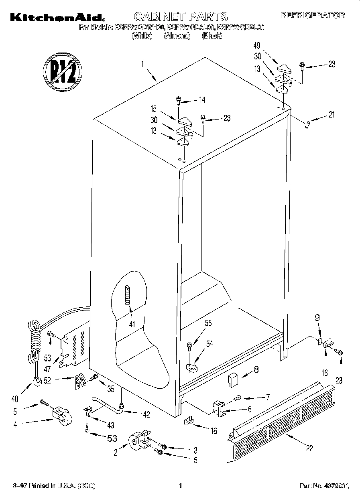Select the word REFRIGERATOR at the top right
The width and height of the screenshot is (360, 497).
[x=312, y=16]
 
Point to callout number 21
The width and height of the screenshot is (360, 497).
[x=331, y=115]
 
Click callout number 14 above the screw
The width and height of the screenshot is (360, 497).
[x=201, y=100]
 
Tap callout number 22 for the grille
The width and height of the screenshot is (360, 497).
[x=309, y=448]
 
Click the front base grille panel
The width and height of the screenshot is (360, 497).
[x=281, y=417]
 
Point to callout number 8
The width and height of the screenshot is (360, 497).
[x=256, y=369]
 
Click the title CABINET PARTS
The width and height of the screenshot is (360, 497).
[x=180, y=16]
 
